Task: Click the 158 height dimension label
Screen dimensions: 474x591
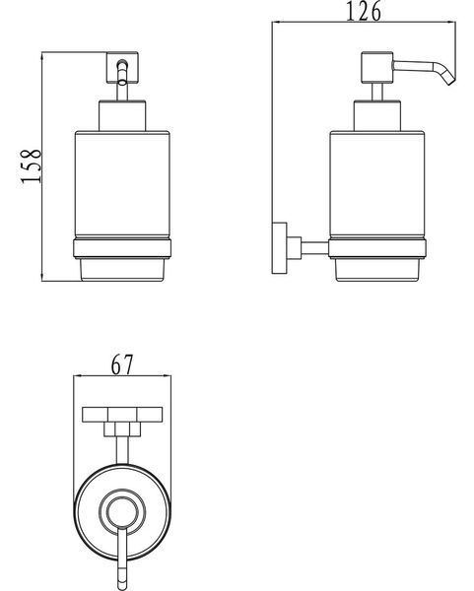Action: pyautogui.click(x=31, y=166)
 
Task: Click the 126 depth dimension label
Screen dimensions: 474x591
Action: pyautogui.click(x=364, y=11)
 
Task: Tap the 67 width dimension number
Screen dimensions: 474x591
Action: pyautogui.click(x=122, y=364)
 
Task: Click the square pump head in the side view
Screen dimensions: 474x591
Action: pyautogui.click(x=377, y=67)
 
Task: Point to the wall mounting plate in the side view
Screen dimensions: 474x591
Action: pyautogui.click(x=279, y=247)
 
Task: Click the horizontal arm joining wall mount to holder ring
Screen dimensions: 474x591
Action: pyautogui.click(x=315, y=248)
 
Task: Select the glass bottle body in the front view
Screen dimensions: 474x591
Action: pyautogui.click(x=122, y=184)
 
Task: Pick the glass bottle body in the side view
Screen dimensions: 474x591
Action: pyautogui.click(x=377, y=184)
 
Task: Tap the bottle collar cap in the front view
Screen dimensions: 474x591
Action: pyautogui.click(x=122, y=115)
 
